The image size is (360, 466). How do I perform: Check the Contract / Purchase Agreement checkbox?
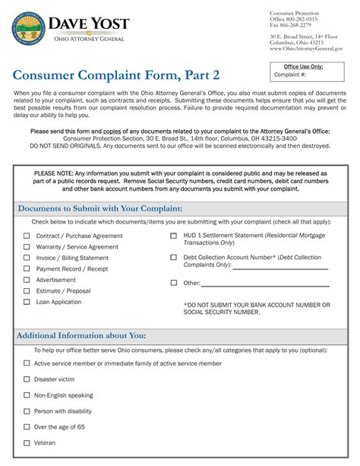pyautogui.click(x=27, y=236)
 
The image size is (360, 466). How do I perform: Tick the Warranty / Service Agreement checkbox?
pyautogui.click(x=27, y=247)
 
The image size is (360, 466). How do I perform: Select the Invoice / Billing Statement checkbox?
pyautogui.click(x=27, y=258)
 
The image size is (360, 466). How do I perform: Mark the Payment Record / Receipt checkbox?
pyautogui.click(x=27, y=269)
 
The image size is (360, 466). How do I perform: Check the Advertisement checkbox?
pyautogui.click(x=27, y=280)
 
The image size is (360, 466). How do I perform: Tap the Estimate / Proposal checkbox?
pyautogui.click(x=27, y=291)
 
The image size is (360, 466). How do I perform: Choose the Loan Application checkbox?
pyautogui.click(x=27, y=302)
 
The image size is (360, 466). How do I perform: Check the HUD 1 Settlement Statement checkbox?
pyautogui.click(x=174, y=236)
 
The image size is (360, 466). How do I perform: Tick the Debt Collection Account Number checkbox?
pyautogui.click(x=174, y=258)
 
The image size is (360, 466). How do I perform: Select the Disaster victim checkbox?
pyautogui.click(x=27, y=379)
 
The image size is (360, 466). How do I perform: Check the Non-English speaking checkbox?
pyautogui.click(x=27, y=395)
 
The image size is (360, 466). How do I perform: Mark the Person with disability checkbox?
pyautogui.click(x=27, y=411)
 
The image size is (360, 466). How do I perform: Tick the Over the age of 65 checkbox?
pyautogui.click(x=27, y=427)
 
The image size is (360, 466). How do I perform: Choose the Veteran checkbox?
pyautogui.click(x=27, y=442)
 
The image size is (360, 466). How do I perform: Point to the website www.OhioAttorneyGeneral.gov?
pyautogui.click(x=307, y=48)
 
